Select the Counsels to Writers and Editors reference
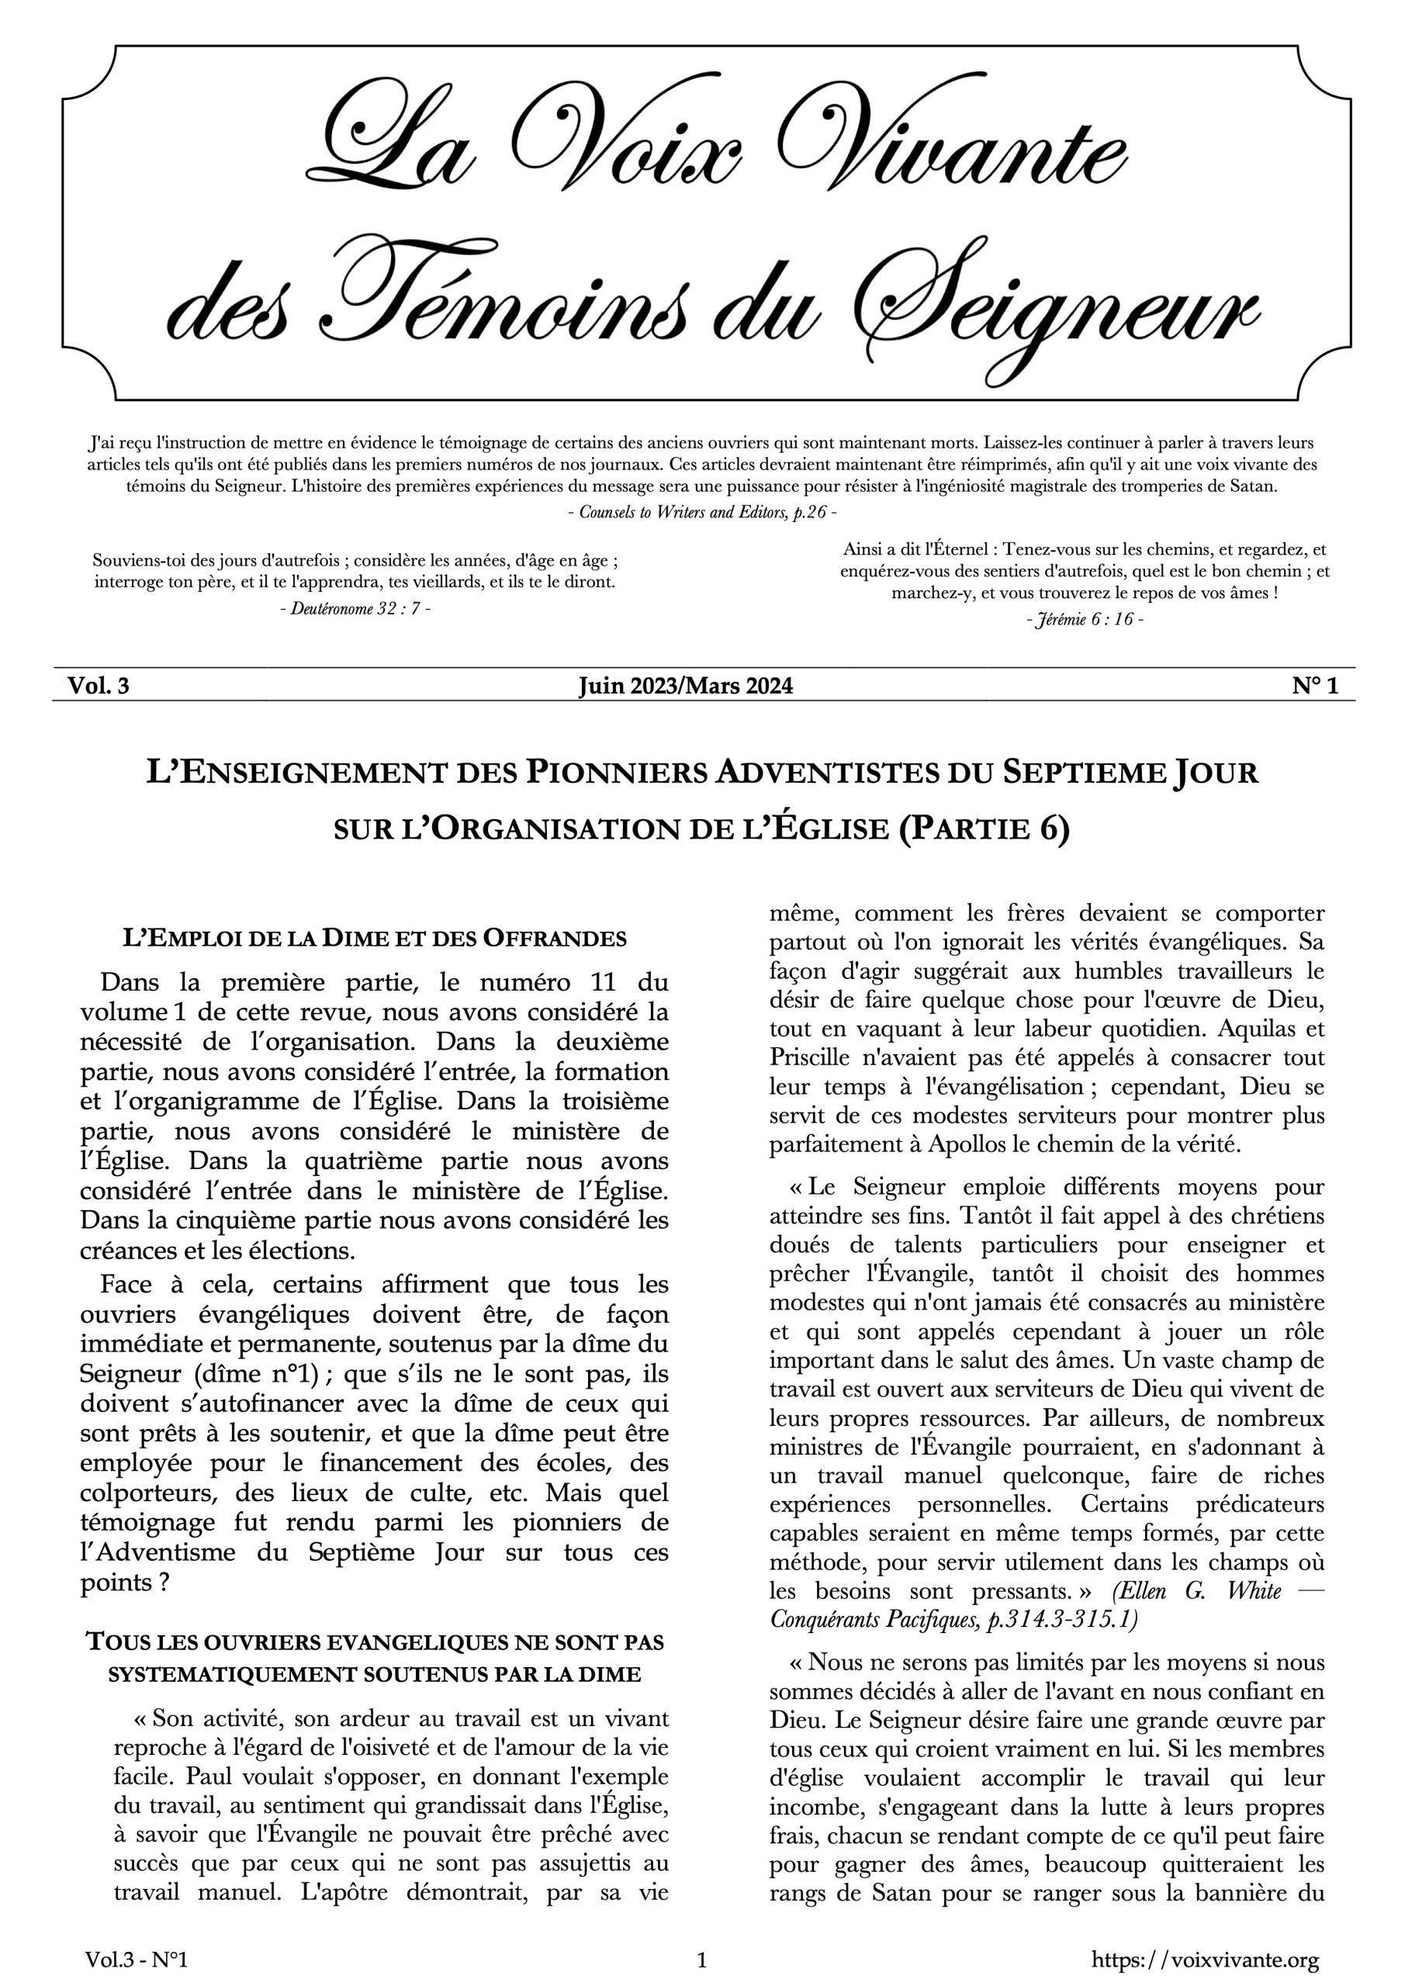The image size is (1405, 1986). coord(701,511)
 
